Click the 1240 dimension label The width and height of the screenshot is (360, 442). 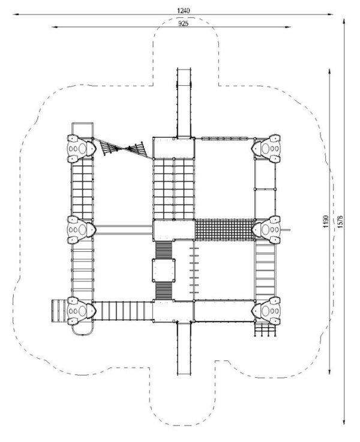(183, 10)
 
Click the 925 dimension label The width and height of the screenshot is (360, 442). (183, 23)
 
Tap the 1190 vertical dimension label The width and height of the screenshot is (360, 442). (326, 221)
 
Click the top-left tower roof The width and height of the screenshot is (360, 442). (82, 149)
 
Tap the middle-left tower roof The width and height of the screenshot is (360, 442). (82, 230)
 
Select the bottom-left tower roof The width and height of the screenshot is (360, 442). (82, 311)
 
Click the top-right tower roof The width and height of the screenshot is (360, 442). (266, 149)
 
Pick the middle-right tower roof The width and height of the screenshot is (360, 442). (266, 230)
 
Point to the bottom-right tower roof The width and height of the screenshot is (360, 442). (266, 311)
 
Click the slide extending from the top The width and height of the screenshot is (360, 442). (184, 103)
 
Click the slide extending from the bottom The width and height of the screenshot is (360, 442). (184, 348)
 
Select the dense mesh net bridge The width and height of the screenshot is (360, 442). (224, 230)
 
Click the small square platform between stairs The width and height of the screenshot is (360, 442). (164, 270)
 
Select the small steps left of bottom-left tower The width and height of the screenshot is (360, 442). (59, 311)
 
